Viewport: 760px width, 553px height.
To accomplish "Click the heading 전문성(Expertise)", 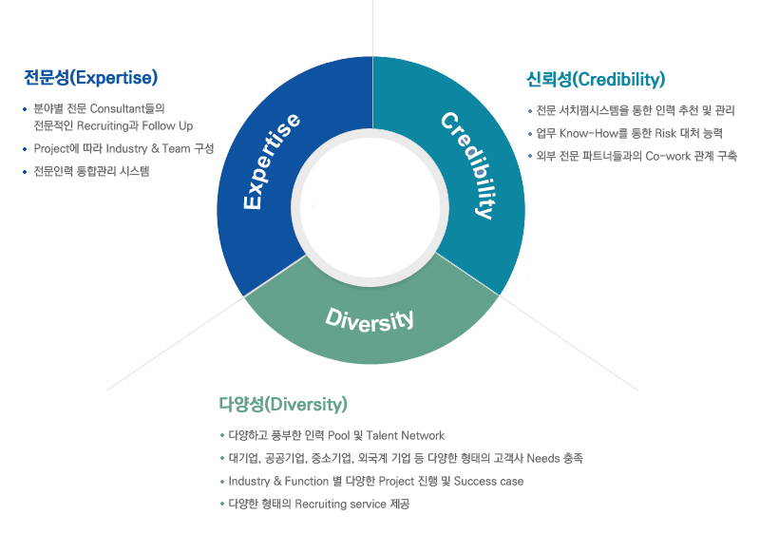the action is coord(90,78).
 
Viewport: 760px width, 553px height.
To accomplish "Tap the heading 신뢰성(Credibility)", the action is coord(596,80).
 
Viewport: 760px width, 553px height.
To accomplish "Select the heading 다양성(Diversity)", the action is coord(283,404).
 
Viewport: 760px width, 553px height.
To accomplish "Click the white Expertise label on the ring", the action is coord(272,162).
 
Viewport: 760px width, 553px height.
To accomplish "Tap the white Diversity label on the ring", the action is coord(370,319).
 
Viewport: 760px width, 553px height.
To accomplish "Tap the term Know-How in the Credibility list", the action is coord(588,133).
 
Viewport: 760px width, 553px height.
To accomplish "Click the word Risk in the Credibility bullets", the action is coord(666,133).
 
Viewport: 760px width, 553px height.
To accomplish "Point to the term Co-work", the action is coord(668,156).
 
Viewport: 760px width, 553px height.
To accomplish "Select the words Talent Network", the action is coord(406,436).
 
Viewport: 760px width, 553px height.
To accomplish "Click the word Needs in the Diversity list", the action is coord(542,459).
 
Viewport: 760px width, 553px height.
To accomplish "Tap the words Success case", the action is coord(488,482).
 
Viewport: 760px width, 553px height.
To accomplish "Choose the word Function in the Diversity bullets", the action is coord(307,482).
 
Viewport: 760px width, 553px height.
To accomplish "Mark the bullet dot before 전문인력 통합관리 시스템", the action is coord(25,172).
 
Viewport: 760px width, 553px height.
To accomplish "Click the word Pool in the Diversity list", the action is coord(338,436).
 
